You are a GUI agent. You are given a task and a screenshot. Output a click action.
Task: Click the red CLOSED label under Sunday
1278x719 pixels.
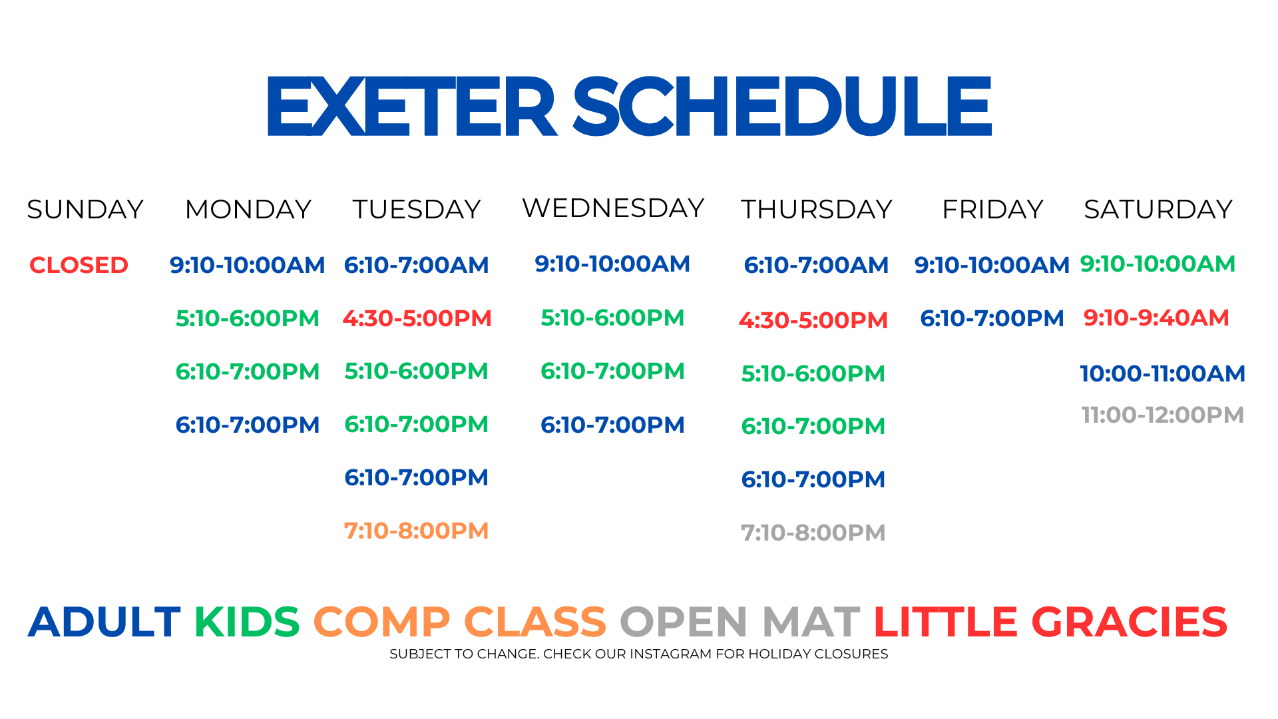(79, 265)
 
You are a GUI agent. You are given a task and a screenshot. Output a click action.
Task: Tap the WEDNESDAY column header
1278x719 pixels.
(613, 208)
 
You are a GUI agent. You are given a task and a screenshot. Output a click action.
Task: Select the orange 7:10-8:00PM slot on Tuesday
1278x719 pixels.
(417, 531)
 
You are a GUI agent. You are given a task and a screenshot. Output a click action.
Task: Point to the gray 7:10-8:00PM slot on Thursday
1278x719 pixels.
(813, 533)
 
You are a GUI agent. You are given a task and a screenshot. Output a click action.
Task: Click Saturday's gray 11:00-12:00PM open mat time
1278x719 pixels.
(1163, 415)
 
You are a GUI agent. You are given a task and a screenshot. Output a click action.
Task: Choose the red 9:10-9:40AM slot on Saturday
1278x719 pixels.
(1156, 318)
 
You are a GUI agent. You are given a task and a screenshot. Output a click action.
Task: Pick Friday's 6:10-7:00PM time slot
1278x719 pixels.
(992, 318)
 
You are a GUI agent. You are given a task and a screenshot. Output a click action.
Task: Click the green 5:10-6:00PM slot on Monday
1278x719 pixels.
(248, 318)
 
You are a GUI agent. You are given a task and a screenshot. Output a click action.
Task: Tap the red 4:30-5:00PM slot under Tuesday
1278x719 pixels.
(417, 318)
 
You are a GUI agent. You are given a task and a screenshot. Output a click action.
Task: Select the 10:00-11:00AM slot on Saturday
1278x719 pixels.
(1162, 373)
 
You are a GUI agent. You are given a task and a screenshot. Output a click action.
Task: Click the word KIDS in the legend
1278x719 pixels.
(247, 622)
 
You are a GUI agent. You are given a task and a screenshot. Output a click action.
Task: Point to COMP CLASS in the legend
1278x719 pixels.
(460, 622)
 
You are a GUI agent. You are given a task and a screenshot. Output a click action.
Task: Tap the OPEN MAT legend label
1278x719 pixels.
(740, 622)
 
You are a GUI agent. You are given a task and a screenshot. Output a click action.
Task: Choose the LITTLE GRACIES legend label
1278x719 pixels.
(1050, 622)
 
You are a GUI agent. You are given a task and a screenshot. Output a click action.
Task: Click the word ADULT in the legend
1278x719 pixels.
(105, 622)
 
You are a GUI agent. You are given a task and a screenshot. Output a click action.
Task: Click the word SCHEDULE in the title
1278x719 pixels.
(783, 106)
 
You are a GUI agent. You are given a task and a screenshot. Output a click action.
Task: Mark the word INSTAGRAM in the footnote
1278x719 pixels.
(671, 654)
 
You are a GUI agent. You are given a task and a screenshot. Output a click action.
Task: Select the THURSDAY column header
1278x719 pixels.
(817, 210)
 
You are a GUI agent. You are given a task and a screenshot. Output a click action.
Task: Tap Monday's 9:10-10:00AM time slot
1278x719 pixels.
(248, 265)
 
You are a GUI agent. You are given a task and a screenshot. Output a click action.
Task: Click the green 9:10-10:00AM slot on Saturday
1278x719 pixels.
(1158, 264)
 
